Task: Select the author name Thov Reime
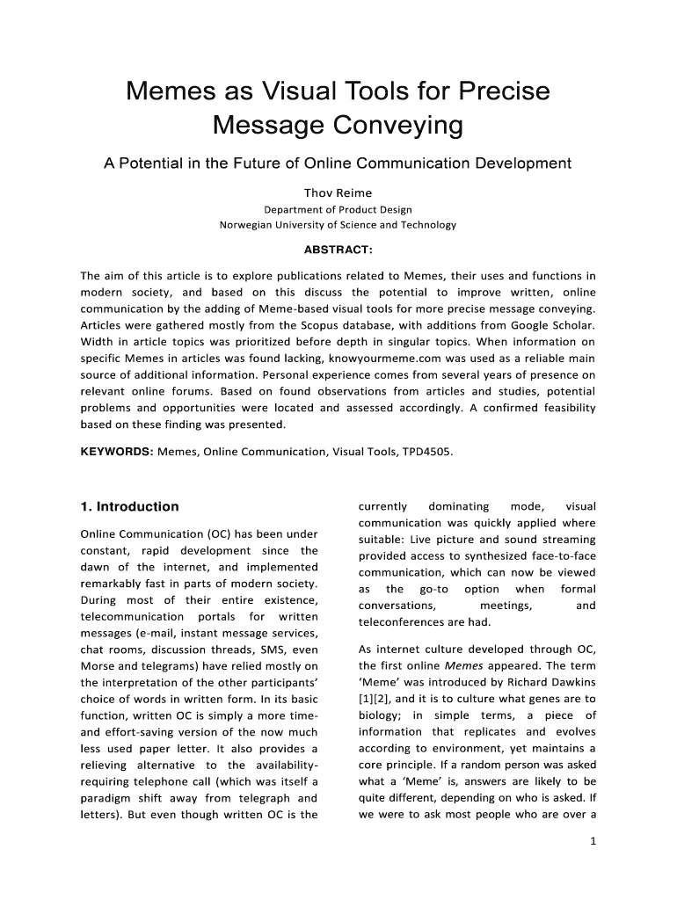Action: click(338, 192)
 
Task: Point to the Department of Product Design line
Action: click(338, 209)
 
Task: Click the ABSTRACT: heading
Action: click(338, 249)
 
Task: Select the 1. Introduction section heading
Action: click(129, 506)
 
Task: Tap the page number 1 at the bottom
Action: click(593, 840)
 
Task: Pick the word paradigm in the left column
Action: click(106, 798)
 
